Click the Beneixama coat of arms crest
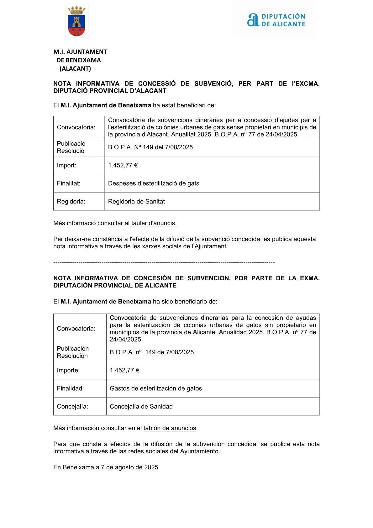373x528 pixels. (76, 21)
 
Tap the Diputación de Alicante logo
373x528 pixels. (276, 20)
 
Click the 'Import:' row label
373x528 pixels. (66, 165)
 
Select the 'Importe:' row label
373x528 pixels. (68, 370)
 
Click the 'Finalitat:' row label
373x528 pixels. (69, 183)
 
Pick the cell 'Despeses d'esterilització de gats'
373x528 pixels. (154, 183)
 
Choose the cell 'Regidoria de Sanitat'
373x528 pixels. (136, 202)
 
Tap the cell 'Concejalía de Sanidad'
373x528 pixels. (141, 407)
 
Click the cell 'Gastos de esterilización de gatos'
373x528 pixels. (156, 388)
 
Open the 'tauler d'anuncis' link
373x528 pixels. (154, 223)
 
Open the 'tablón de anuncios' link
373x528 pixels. (170, 428)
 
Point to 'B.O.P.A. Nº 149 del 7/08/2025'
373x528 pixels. (150, 147)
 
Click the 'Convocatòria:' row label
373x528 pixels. (76, 127)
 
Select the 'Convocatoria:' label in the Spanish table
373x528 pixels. (76, 329)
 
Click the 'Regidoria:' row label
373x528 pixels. (71, 202)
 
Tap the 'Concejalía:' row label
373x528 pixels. (72, 407)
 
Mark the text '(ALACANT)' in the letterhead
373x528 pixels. (75, 69)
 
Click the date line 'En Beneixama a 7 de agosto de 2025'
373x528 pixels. (106, 467)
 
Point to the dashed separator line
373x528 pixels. (164, 262)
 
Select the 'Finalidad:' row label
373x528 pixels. (70, 388)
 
